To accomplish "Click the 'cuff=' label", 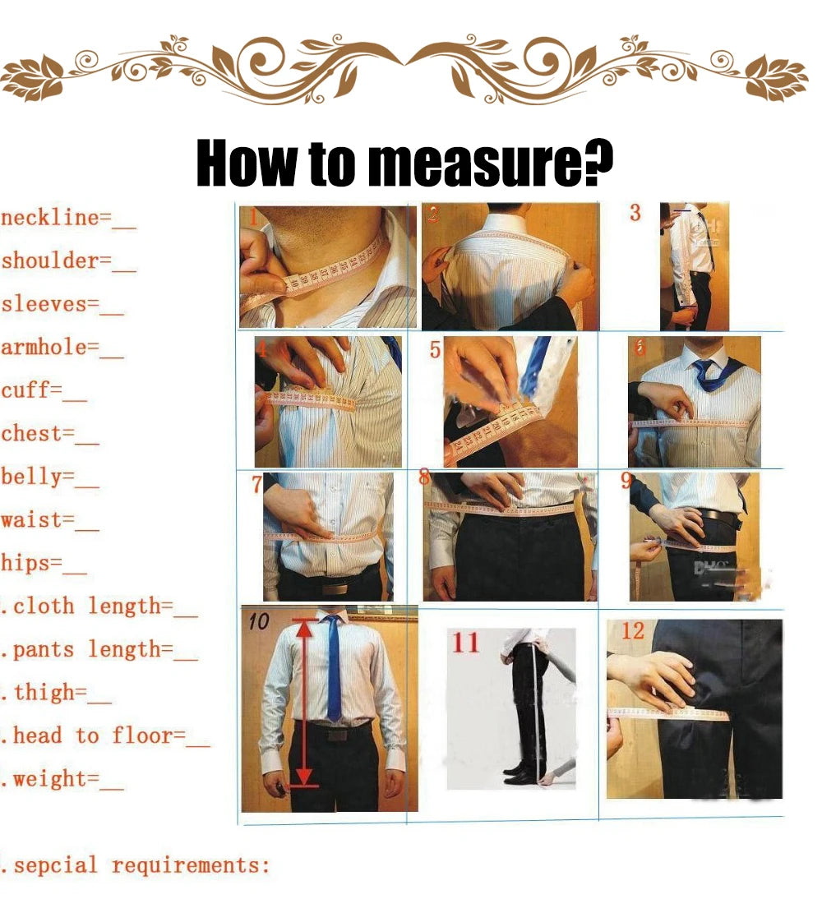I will click(31, 390).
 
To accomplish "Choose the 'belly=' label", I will click(38, 476).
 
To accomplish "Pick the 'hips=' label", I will click(32, 563).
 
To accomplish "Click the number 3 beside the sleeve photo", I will click(635, 213).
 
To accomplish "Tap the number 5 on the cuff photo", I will click(435, 351).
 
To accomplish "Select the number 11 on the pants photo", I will click(465, 642).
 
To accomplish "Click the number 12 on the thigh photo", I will click(633, 631).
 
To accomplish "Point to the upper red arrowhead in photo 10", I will click(304, 629).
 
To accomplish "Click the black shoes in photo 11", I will click(520, 773).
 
